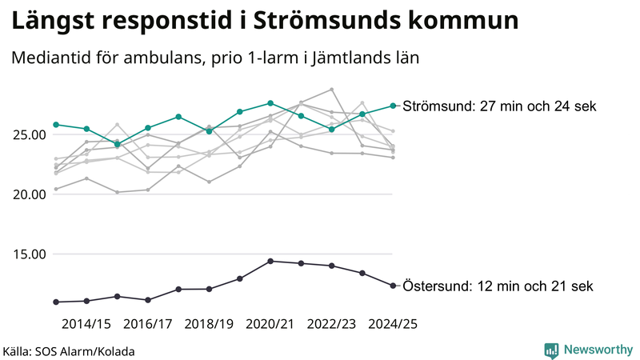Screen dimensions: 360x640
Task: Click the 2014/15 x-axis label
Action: click(86, 324)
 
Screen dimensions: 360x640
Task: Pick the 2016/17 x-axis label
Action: click(148, 324)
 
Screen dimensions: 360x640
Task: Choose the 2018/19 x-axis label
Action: click(209, 324)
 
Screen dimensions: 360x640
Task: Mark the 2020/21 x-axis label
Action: click(270, 324)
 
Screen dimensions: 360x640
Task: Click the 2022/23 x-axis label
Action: click(331, 324)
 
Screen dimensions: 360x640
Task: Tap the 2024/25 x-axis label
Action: click(393, 324)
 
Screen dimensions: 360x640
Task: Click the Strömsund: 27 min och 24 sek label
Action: click(500, 106)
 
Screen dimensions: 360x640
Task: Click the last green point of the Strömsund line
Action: click(393, 106)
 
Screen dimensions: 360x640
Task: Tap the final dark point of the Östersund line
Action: click(393, 286)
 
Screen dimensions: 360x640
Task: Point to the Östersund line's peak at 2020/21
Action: click(270, 261)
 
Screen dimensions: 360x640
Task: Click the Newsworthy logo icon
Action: click(551, 350)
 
